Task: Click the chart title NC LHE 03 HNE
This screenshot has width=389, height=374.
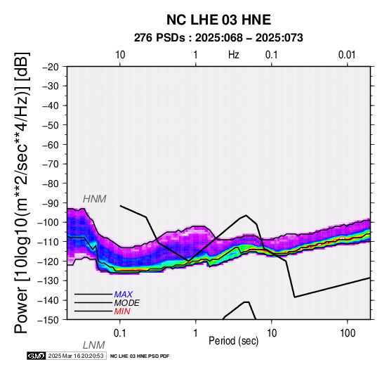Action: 218,20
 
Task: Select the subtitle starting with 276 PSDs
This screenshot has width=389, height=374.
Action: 218,38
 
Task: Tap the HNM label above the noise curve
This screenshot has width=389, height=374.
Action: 95,199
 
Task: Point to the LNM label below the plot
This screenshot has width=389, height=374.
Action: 94,345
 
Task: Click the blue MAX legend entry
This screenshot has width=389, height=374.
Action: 124,295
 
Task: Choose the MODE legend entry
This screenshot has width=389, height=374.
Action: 127,303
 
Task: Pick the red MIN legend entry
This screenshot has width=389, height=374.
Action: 122,311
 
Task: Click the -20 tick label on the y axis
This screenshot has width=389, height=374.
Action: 51,67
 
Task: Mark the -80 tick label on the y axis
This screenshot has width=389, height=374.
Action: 51,183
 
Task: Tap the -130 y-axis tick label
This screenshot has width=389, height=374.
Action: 48,281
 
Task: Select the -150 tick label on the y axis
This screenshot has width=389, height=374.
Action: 48,320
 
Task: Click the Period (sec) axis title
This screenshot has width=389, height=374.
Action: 233,341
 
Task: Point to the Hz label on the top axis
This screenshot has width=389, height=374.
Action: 233,55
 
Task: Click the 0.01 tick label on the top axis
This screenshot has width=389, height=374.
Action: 347,55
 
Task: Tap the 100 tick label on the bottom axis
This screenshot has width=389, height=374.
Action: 348,333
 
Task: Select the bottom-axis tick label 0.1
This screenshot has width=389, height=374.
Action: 119,333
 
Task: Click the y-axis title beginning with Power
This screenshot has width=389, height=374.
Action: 21,193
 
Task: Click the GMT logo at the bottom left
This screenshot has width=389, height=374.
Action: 37,356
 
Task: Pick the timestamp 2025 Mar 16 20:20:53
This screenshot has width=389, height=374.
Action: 76,356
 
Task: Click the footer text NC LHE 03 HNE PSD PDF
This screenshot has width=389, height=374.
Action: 140,356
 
